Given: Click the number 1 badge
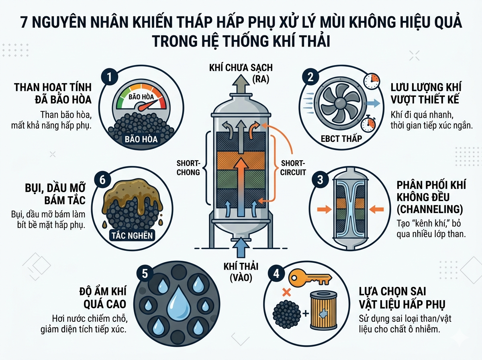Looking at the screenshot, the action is point(109,77).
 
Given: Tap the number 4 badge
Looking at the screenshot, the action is point(276,274).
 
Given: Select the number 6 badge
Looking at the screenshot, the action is point(102,180).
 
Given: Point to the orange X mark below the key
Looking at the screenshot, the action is point(286,292).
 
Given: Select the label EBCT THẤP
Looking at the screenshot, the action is point(341,139).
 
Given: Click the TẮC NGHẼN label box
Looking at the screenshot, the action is point(132,235).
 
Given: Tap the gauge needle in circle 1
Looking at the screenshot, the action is point(147,105).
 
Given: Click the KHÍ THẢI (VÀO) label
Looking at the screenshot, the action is point(241,272).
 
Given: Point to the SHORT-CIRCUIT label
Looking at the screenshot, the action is point(293,168).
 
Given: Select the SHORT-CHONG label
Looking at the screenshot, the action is point(188,168).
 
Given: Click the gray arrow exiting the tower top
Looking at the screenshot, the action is point(241,84).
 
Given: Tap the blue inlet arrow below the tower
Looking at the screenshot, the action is point(241,247).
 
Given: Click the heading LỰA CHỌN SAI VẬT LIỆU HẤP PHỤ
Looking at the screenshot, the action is point(402,298).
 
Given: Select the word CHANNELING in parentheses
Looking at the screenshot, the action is point(430,209).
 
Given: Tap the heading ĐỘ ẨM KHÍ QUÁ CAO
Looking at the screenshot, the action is point(103,298).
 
